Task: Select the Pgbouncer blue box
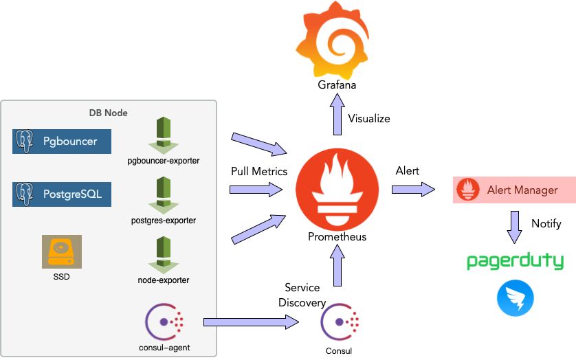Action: coord(62,142)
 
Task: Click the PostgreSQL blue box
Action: coord(62,194)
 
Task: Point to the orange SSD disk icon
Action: coord(61,251)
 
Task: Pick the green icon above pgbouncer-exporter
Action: coord(163,135)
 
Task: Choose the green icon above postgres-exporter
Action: coord(163,195)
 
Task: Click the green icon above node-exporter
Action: coord(163,255)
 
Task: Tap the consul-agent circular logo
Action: coord(164,321)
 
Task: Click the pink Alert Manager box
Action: coord(514,190)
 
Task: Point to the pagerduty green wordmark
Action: coord(515,261)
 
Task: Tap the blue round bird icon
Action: coord(515,299)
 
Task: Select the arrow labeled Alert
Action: coord(415,190)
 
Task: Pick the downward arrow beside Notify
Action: coord(515,226)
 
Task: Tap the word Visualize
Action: coord(369,118)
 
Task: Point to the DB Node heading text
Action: coord(108,113)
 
